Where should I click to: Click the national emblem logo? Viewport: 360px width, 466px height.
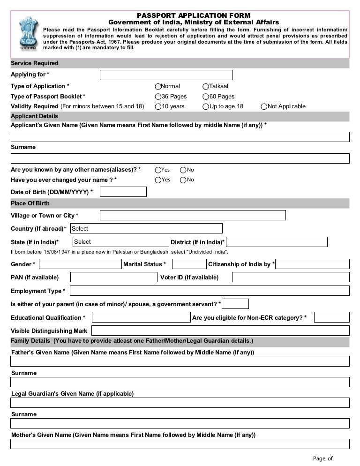(x=28, y=33)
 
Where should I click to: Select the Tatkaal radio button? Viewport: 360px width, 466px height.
(x=206, y=87)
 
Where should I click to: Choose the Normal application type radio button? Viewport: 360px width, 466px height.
(x=158, y=87)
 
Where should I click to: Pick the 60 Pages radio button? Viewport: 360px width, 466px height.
(x=206, y=97)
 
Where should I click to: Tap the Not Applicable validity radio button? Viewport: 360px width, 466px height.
(x=264, y=106)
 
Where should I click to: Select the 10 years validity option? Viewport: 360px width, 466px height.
(x=158, y=106)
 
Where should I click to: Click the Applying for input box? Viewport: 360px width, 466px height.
(x=166, y=75)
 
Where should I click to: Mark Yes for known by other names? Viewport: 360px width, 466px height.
(x=158, y=170)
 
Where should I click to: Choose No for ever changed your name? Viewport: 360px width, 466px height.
(x=183, y=180)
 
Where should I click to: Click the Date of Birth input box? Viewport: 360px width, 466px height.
(x=123, y=192)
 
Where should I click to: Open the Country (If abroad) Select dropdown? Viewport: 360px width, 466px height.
(x=146, y=228)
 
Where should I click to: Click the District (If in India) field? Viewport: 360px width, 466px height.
(x=277, y=242)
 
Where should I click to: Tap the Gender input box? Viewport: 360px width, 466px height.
(x=80, y=264)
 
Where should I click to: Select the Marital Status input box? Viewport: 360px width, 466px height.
(x=189, y=264)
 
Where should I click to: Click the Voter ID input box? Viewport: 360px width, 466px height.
(x=291, y=277)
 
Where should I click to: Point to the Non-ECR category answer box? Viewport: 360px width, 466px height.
(x=331, y=317)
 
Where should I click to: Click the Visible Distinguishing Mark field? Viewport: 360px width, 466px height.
(x=220, y=331)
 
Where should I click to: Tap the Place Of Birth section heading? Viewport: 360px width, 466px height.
(x=30, y=203)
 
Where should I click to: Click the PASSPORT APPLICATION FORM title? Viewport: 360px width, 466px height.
(x=194, y=15)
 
